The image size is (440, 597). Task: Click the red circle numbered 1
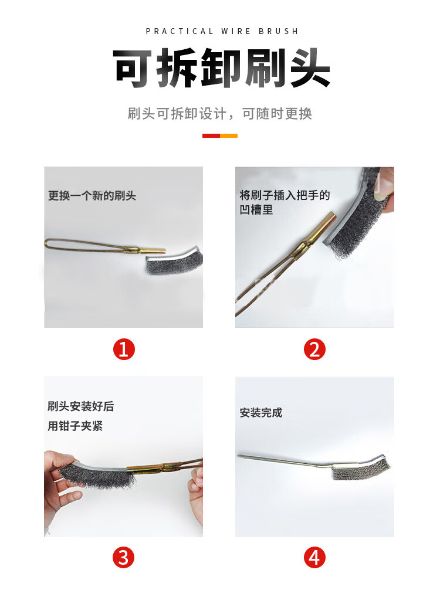pos(124,349)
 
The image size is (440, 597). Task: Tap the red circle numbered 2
pos(314,349)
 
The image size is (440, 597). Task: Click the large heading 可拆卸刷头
pos(221,68)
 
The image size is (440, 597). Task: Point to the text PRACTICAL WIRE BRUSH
pos(222,31)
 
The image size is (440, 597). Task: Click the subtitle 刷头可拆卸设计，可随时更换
pos(220,113)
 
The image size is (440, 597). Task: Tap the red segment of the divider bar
pos(211,135)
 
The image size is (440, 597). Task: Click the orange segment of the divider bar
pos(229,135)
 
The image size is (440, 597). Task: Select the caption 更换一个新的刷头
pos(92,196)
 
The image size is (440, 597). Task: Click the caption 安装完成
pos(261,412)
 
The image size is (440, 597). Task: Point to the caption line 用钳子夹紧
pos(75,426)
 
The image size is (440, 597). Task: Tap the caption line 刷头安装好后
pos(81,406)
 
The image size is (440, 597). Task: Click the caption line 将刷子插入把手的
pos(285,195)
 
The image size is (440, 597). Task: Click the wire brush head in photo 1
pos(174,261)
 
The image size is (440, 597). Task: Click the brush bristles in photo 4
pos(361,470)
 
